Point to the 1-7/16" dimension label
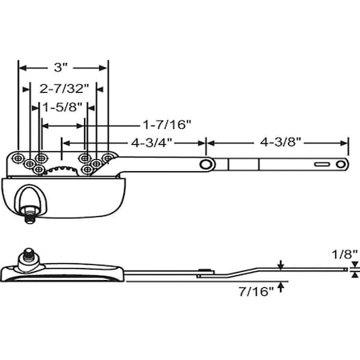[166, 124]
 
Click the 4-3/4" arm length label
[152, 142]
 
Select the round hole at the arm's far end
[342, 164]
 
